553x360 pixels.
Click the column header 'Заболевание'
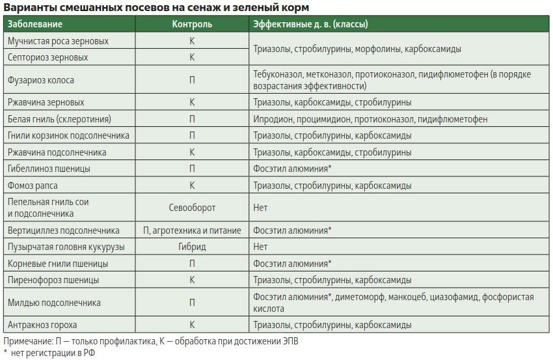(35, 24)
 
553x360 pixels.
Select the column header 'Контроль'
(192, 24)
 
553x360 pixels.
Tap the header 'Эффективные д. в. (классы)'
(310, 24)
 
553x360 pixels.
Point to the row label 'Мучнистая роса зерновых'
(58, 41)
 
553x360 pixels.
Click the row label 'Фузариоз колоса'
(41, 81)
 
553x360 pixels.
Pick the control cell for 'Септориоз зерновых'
(192, 57)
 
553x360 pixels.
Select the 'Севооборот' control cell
(192, 208)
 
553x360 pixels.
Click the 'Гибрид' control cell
(192, 247)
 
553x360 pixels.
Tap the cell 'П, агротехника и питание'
(192, 230)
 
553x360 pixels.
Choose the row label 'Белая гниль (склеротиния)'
(59, 119)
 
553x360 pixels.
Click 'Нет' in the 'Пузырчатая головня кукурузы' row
(260, 247)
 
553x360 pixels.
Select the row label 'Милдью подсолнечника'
(54, 303)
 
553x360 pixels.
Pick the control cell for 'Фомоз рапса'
(192, 186)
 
